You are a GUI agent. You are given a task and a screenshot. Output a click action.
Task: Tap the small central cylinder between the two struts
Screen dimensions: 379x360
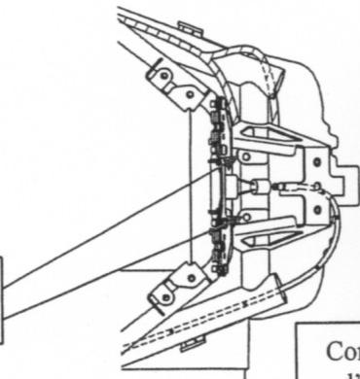click(260, 185)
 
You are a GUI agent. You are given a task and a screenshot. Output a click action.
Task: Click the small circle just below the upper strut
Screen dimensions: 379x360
click(245, 156)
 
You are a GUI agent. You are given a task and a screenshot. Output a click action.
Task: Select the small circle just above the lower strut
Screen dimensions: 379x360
click(246, 215)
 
